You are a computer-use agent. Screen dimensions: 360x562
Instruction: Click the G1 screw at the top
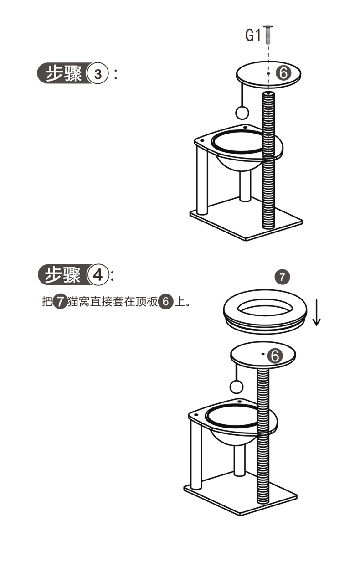(x=268, y=34)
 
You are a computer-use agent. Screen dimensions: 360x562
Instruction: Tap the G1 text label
(x=253, y=35)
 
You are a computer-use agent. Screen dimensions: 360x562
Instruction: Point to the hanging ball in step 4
(x=237, y=387)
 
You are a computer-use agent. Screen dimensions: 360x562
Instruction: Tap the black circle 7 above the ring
(x=282, y=277)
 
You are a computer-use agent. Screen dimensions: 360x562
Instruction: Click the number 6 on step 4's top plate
(x=275, y=356)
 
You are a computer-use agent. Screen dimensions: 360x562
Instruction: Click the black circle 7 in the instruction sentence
(x=60, y=302)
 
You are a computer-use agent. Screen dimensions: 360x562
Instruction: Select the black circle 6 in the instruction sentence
(x=166, y=302)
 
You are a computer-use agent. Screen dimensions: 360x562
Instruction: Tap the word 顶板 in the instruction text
(x=147, y=302)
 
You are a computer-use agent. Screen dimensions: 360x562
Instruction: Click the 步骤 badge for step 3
(x=63, y=73)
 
